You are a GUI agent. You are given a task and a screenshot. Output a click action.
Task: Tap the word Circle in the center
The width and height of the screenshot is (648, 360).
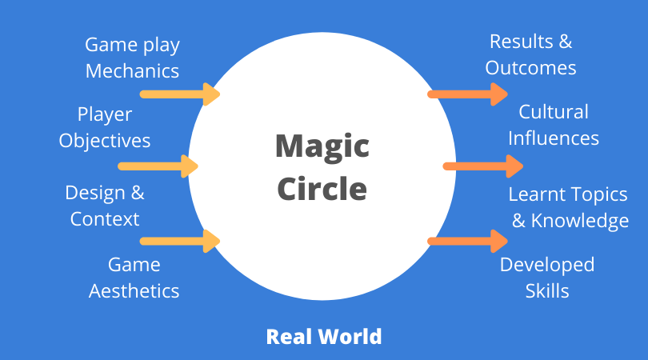322,190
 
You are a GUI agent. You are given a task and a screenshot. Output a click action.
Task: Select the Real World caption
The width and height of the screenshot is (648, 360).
324,336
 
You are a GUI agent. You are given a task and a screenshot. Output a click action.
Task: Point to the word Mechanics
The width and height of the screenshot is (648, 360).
132,70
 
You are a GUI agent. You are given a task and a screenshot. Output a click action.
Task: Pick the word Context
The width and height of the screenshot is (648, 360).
105,218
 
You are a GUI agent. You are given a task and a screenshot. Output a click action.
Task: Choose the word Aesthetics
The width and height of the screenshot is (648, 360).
134,290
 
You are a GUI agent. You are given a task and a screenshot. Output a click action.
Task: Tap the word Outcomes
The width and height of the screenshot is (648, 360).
530,67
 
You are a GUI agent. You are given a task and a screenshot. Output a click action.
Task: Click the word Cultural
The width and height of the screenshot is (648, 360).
554,112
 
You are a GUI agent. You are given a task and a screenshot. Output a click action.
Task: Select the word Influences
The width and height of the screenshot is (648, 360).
554,138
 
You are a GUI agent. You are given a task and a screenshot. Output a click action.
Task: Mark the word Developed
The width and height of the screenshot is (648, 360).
547,265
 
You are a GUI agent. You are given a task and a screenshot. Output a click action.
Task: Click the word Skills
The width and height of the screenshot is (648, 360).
547,290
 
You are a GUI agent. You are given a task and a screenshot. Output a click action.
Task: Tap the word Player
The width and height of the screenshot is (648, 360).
105,115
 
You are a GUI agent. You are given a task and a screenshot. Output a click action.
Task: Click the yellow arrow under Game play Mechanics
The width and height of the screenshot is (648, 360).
180,94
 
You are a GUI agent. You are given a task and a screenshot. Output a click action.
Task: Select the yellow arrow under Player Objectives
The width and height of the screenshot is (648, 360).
158,166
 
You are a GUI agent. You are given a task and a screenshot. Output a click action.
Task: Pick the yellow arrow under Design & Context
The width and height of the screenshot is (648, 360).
180,241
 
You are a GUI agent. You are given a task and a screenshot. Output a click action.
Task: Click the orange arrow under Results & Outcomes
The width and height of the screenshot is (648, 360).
468,94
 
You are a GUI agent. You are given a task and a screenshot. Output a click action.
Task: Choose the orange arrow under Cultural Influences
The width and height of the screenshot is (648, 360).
483,166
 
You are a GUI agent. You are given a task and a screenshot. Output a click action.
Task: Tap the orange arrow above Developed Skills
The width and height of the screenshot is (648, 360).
468,241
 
